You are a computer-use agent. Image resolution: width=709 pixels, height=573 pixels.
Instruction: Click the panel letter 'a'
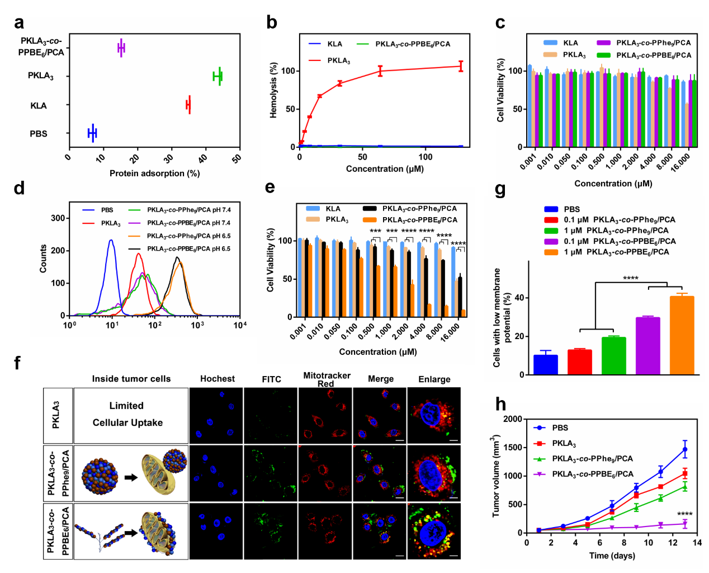[x=20, y=23]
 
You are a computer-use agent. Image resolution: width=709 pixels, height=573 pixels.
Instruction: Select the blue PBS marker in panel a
[x=92, y=133]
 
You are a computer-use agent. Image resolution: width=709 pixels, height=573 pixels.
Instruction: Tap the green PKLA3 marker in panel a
[x=218, y=76]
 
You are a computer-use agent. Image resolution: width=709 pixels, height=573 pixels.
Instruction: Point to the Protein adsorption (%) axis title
[x=154, y=173]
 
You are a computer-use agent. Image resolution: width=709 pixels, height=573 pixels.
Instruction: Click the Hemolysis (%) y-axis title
[x=273, y=90]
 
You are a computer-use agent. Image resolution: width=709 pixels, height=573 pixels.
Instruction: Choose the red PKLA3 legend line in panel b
[x=315, y=60]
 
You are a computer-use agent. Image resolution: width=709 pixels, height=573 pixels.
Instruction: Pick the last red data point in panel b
[x=461, y=66]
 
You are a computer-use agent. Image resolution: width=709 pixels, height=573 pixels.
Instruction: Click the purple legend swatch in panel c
[x=603, y=43]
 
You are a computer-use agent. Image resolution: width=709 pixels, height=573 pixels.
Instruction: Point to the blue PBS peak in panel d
[x=111, y=241]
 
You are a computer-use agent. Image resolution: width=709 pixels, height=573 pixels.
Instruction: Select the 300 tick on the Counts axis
[x=58, y=218]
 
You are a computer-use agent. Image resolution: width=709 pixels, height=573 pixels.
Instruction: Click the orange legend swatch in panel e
[x=370, y=220]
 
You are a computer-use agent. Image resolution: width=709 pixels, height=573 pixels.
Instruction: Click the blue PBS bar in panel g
[x=546, y=364]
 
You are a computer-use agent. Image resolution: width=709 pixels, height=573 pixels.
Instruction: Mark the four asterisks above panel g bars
[x=631, y=278]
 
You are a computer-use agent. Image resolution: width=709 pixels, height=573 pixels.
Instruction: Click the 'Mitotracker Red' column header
[x=327, y=379]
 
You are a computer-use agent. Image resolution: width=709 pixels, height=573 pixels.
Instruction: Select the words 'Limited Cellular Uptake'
[x=127, y=414]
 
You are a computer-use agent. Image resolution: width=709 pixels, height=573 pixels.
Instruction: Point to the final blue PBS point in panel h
[x=684, y=449]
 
